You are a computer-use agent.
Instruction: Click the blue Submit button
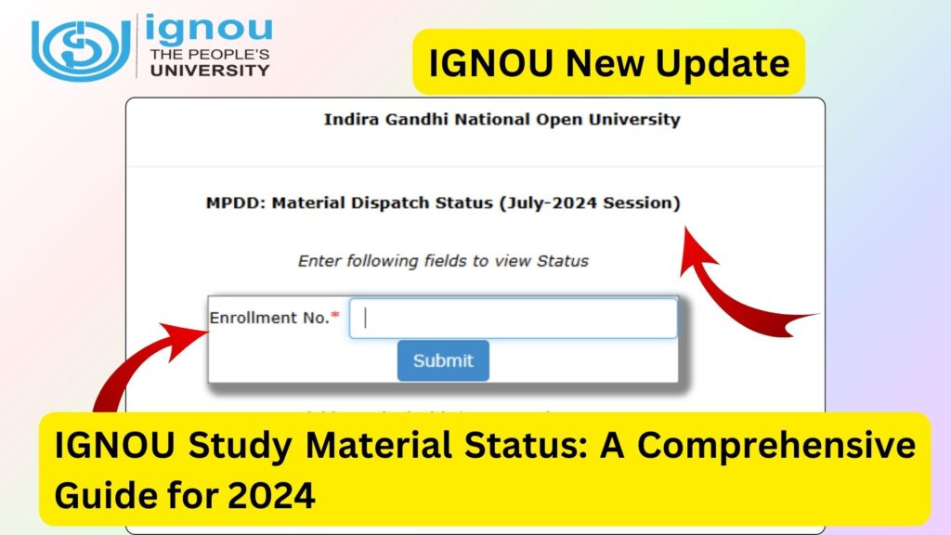point(443,360)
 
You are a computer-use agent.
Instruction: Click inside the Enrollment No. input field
point(514,318)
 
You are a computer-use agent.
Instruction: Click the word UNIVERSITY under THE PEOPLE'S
point(209,70)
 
